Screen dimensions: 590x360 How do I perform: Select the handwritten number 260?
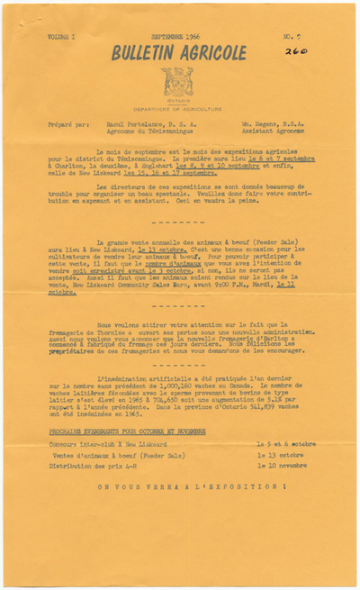tap(295, 52)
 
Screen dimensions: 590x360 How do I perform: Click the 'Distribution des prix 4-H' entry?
tap(95, 466)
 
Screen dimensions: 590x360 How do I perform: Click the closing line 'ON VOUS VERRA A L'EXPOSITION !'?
tap(179, 486)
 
